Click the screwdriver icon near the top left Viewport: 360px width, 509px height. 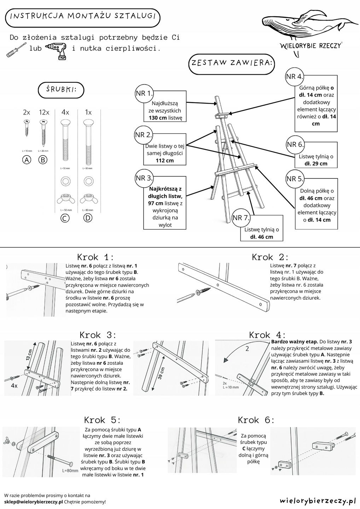[16, 50]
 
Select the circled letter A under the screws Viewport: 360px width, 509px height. [27, 160]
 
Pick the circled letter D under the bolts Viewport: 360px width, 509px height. [88, 218]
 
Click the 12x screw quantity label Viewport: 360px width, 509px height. [44, 112]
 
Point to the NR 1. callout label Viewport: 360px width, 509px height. [144, 93]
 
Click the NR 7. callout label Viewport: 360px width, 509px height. [241, 218]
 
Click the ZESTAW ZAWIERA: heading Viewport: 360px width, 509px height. [232, 63]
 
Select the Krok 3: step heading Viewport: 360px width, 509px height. [98, 335]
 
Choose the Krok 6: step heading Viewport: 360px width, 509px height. [256, 420]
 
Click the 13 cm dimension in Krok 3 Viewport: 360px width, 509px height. [30, 355]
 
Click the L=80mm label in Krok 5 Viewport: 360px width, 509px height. [70, 471]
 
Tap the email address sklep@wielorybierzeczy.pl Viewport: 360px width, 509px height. [34, 502]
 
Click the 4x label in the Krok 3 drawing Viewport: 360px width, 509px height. [14, 386]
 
